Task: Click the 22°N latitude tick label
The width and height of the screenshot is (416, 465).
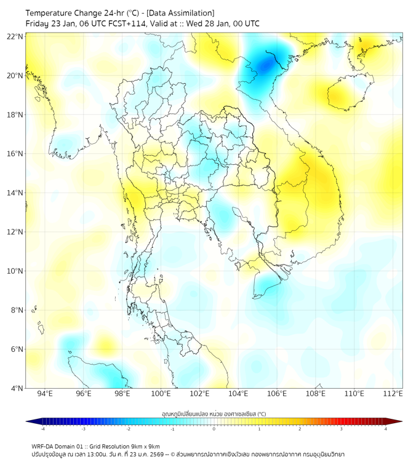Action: (x=15, y=37)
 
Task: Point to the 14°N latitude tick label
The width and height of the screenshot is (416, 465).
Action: (x=15, y=193)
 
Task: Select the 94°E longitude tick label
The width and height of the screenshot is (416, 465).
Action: (x=45, y=394)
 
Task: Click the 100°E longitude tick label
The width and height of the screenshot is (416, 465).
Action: (x=161, y=394)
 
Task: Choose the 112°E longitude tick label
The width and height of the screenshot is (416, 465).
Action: (x=393, y=394)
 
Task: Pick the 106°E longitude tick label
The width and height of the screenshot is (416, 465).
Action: (x=277, y=394)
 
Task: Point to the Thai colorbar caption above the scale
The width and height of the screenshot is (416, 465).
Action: (x=214, y=414)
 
